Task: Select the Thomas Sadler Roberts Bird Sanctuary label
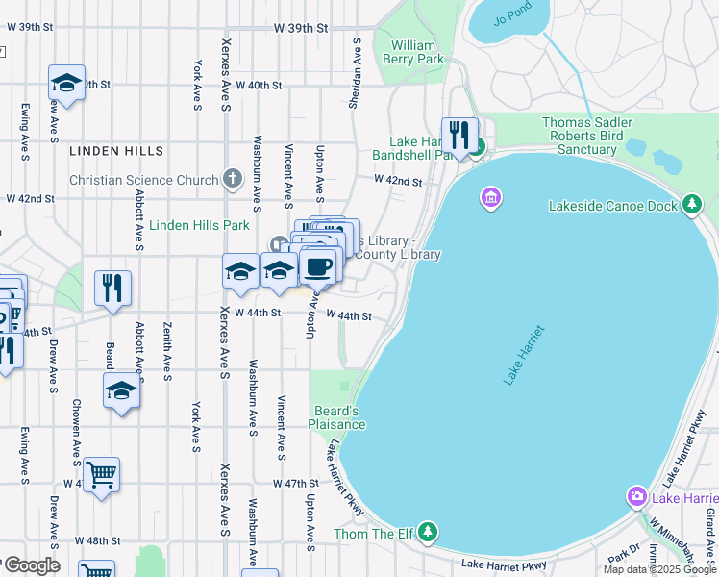pyautogui.click(x=586, y=136)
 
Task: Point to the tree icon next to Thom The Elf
pyautogui.click(x=428, y=532)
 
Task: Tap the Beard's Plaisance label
pyautogui.click(x=336, y=417)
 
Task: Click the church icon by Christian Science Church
pyautogui.click(x=232, y=179)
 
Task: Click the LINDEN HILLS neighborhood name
pyautogui.click(x=116, y=151)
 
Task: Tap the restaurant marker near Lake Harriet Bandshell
pyautogui.click(x=459, y=134)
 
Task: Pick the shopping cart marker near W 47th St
pyautogui.click(x=101, y=474)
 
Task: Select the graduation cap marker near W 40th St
pyautogui.click(x=66, y=83)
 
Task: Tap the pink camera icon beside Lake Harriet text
pyautogui.click(x=635, y=496)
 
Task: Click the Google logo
pyautogui.click(x=31, y=565)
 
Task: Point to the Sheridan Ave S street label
pyautogui.click(x=355, y=73)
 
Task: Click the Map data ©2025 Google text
pyautogui.click(x=659, y=569)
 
